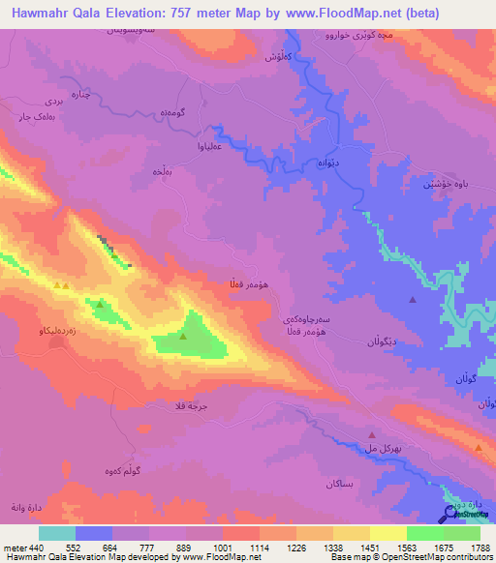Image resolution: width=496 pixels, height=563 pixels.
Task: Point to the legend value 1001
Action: pyautogui.click(x=222, y=547)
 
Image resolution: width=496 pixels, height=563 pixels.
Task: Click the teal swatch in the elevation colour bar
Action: pyautogui.click(x=57, y=533)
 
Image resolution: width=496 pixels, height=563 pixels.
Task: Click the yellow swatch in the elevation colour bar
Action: pyautogui.click(x=388, y=533)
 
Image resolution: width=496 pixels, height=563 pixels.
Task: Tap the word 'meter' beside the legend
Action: pyautogui.click(x=14, y=547)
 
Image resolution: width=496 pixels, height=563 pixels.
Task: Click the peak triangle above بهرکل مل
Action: pyautogui.click(x=372, y=435)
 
